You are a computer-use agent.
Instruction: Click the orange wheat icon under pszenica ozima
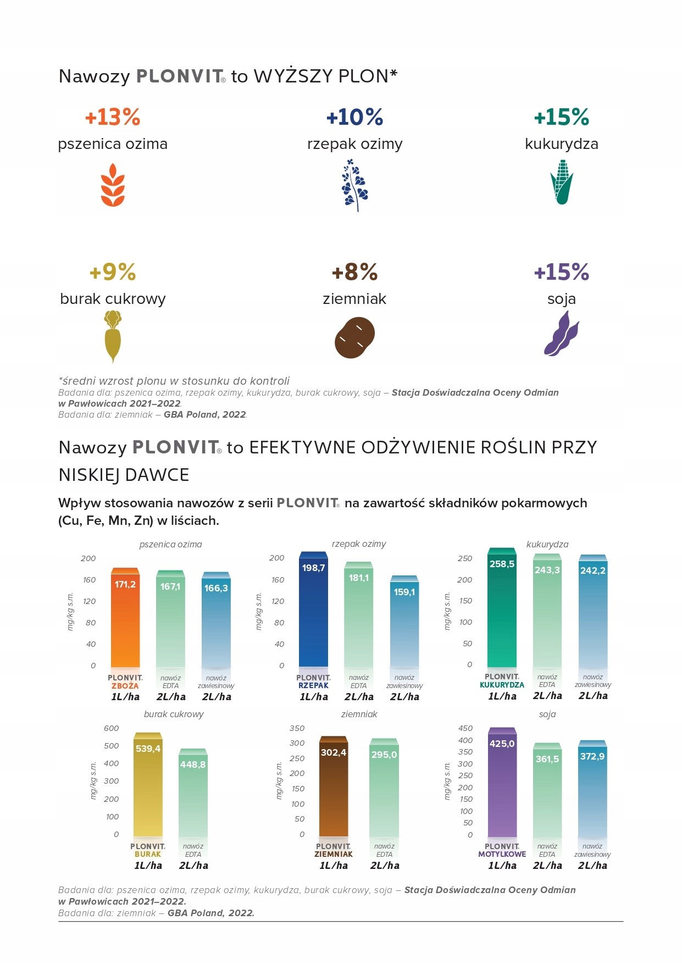(x=113, y=185)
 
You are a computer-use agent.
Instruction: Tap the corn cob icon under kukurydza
(x=562, y=183)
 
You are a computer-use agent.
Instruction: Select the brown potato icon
(x=354, y=337)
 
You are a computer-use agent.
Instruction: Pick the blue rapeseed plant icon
(x=355, y=185)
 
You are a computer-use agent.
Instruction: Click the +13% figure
(x=113, y=117)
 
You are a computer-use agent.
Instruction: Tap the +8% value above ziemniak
(x=354, y=272)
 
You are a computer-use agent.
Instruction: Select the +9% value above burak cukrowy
(x=113, y=272)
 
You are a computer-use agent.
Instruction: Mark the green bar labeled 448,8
(x=193, y=797)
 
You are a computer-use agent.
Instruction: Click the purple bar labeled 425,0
(x=502, y=786)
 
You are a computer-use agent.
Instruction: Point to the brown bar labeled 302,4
(x=334, y=791)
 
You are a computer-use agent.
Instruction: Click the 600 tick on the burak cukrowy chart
(x=111, y=728)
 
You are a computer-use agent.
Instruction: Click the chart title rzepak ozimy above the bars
(x=359, y=544)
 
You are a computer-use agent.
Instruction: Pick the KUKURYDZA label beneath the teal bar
(x=502, y=685)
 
